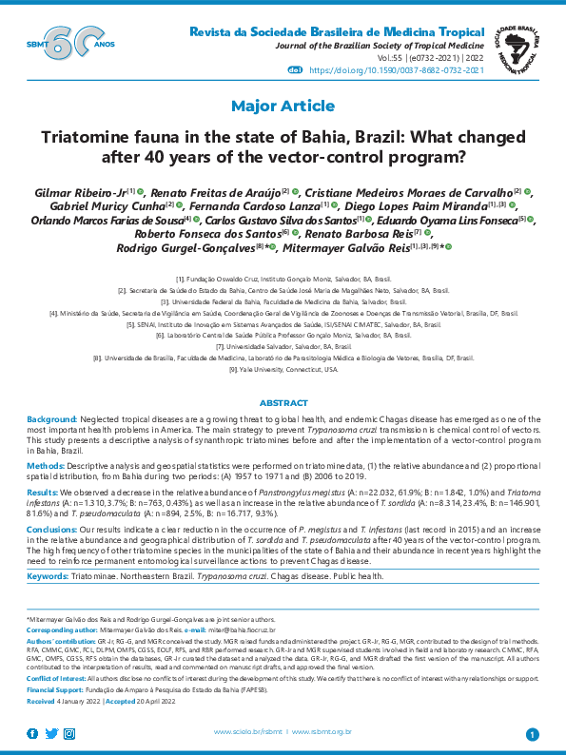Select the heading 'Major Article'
[x=283, y=106]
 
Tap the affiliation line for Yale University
[x=283, y=369]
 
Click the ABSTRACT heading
[x=283, y=403]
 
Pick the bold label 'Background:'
[x=51, y=419]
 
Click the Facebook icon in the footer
[x=32, y=732]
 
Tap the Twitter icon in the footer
[x=52, y=732]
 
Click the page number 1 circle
[x=532, y=733]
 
